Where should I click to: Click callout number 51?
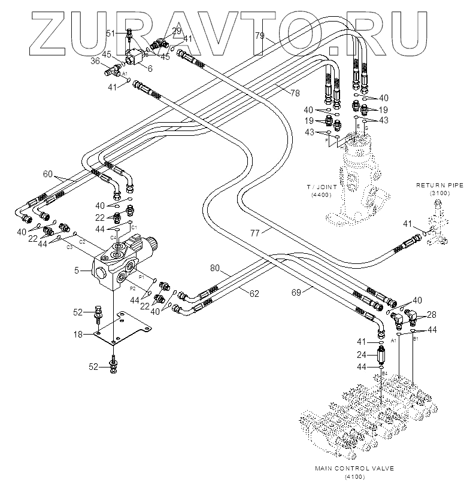point(111,34)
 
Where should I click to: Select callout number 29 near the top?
point(177,30)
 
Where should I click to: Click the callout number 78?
point(295,93)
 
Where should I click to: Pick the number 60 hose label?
point(48,174)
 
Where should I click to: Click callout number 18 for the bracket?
point(78,335)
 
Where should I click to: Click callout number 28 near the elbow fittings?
point(431,314)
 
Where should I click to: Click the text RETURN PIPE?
point(440,186)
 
